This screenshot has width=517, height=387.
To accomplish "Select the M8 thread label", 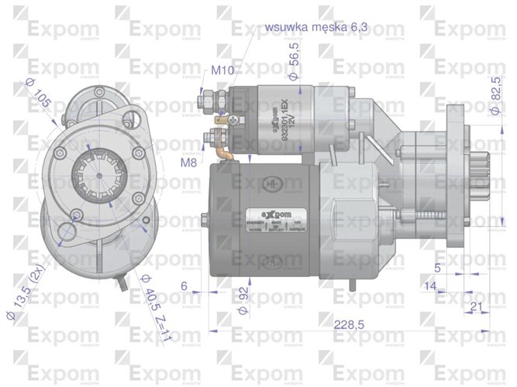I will (189, 163).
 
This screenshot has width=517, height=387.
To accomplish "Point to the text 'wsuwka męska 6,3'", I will (317, 27).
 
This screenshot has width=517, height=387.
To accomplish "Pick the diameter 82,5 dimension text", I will (495, 96).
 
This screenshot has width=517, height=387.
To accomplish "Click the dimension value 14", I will (430, 286).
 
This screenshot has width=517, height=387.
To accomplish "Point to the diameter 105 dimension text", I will (38, 95).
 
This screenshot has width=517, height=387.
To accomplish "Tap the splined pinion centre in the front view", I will (97, 185).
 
